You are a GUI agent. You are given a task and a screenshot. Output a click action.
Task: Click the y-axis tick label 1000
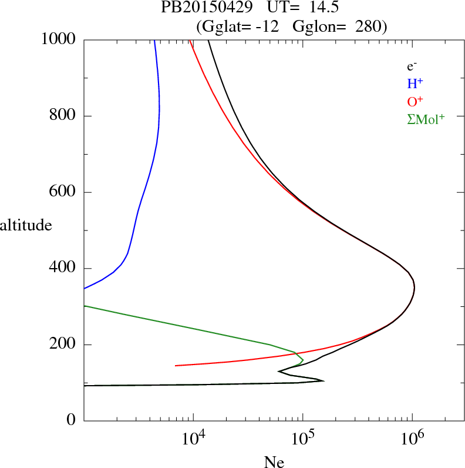click(x=59, y=39)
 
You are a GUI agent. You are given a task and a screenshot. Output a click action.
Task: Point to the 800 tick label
click(x=63, y=116)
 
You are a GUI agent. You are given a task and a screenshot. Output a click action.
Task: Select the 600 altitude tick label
click(x=63, y=192)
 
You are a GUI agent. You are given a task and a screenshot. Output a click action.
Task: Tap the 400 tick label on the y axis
click(x=63, y=269)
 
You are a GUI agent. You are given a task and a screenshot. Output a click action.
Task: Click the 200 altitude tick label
click(x=63, y=345)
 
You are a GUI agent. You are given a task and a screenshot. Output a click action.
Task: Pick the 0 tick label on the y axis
click(x=72, y=421)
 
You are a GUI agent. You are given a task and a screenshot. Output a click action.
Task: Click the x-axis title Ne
click(x=274, y=462)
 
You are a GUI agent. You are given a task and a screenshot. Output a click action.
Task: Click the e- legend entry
click(x=412, y=66)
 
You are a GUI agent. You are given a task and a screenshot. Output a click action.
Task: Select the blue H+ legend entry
click(x=415, y=84)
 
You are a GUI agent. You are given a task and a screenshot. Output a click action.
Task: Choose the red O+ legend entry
click(x=415, y=101)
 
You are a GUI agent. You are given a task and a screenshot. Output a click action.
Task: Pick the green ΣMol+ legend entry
click(x=426, y=119)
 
